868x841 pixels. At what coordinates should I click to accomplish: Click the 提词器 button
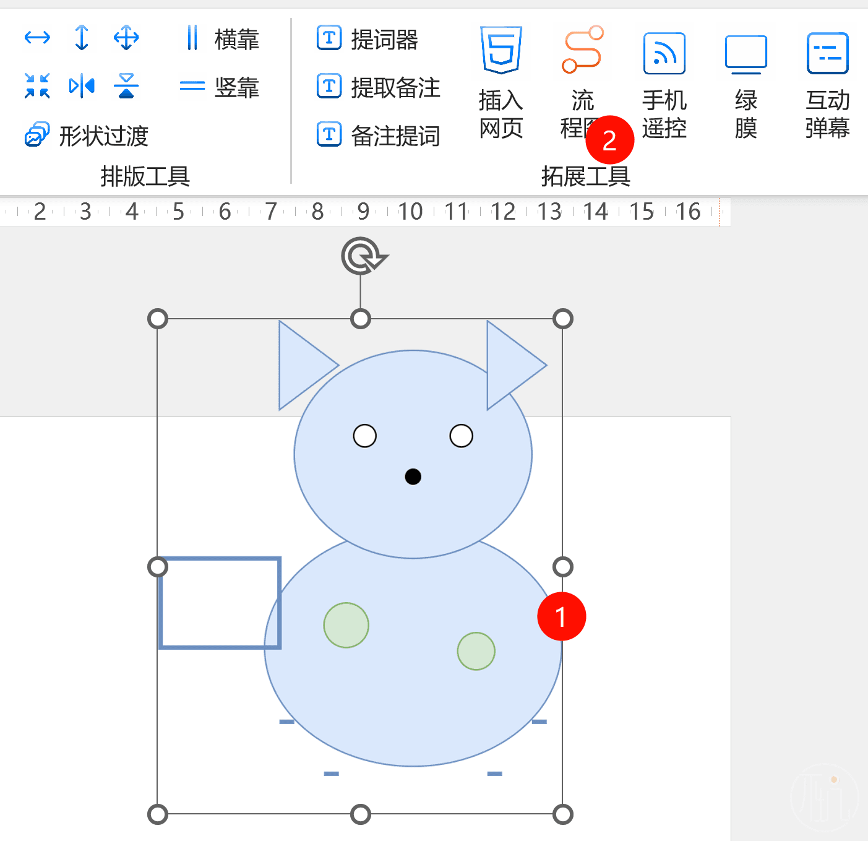click(367, 40)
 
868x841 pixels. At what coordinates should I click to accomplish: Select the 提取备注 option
click(378, 87)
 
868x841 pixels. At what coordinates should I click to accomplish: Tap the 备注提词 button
click(378, 136)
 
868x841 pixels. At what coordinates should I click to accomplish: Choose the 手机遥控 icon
click(664, 54)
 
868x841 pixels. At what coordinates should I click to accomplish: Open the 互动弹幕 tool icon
click(827, 54)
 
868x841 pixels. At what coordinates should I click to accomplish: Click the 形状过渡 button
click(87, 136)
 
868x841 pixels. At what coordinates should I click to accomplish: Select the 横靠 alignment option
click(222, 39)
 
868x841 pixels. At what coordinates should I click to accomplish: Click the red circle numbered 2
click(609, 140)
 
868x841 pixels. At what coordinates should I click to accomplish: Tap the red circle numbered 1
click(561, 616)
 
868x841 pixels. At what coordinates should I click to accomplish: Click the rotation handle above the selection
click(363, 255)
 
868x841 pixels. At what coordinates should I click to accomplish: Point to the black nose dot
click(413, 477)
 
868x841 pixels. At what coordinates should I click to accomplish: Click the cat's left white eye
click(364, 436)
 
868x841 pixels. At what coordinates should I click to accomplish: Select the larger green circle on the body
click(346, 625)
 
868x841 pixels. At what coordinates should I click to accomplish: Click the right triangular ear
click(510, 365)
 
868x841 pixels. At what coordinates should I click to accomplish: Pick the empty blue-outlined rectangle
click(220, 603)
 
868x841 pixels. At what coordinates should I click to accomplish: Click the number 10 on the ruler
click(410, 212)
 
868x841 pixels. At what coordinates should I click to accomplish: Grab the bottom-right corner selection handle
click(562, 814)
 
